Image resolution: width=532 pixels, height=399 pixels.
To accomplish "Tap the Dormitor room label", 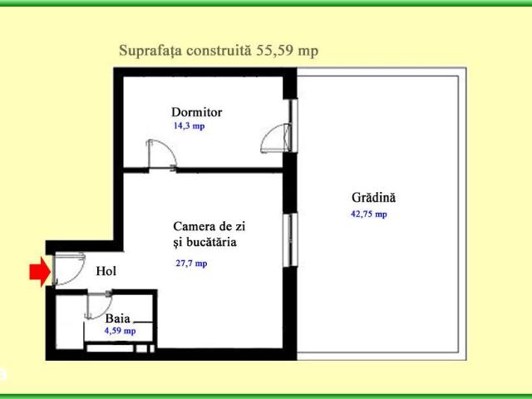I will click(196, 111).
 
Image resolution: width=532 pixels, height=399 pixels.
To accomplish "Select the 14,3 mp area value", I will click(189, 126).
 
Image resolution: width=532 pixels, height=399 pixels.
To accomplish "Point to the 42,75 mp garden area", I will click(369, 214).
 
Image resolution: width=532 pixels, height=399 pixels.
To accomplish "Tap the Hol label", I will click(106, 271).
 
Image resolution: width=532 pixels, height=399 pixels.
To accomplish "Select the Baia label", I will click(117, 318).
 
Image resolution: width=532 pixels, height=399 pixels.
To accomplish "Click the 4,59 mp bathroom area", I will click(120, 330).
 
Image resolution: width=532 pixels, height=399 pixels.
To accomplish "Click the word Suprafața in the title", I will click(148, 51).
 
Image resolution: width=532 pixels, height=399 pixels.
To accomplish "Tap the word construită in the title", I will click(211, 51).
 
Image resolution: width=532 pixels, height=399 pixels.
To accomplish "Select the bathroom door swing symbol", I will click(99, 304).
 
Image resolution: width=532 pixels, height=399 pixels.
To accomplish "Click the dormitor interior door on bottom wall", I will click(160, 155).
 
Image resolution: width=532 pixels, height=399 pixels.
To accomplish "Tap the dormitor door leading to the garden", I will click(277, 139).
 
